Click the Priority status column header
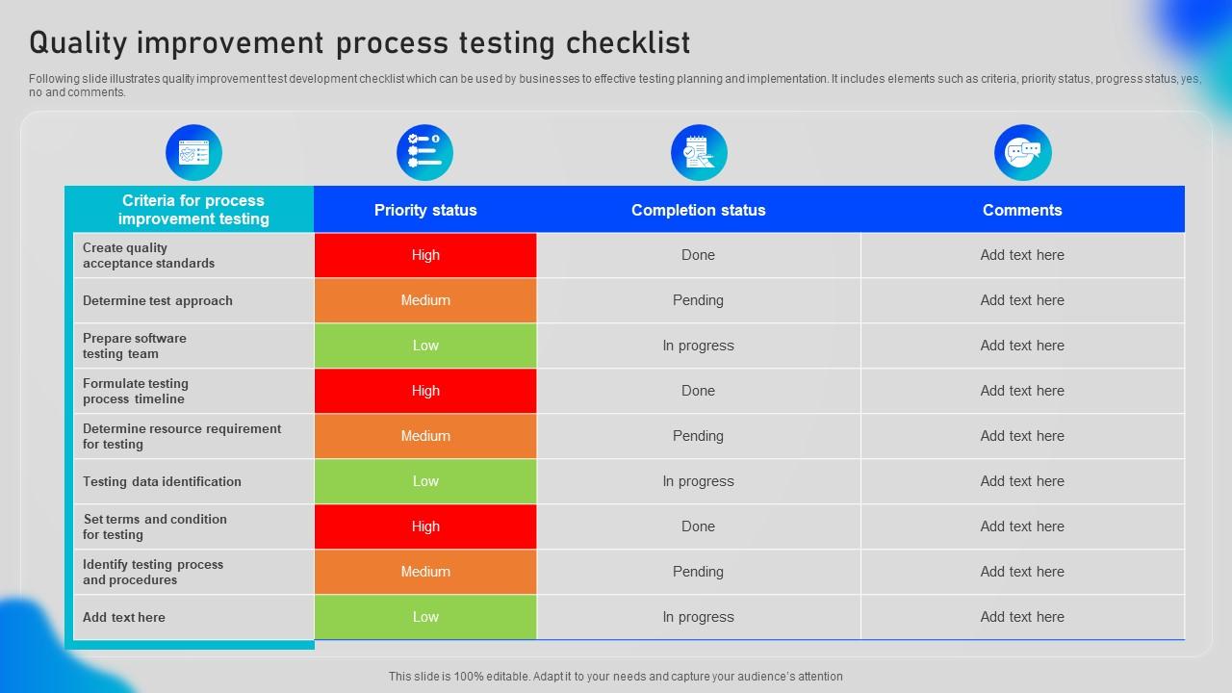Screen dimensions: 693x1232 pyautogui.click(x=425, y=210)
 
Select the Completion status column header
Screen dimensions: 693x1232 pyautogui.click(x=698, y=210)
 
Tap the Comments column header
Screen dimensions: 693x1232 pyautogui.click(x=1022, y=210)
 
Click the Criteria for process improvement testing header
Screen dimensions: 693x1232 pyautogui.click(x=192, y=210)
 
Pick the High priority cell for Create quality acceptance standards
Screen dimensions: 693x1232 pyautogui.click(x=425, y=255)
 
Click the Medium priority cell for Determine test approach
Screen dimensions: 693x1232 pyautogui.click(x=425, y=300)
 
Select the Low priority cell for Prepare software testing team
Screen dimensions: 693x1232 pyautogui.click(x=425, y=346)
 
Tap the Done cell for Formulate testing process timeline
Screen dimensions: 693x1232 pyautogui.click(x=698, y=391)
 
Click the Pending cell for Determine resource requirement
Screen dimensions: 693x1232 pyautogui.click(x=698, y=436)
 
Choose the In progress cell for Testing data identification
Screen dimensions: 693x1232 pyautogui.click(x=698, y=481)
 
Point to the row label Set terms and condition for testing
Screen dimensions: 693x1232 pyautogui.click(x=155, y=526)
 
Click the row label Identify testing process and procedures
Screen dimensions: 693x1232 pyautogui.click(x=153, y=572)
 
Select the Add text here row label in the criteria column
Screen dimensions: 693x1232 pyautogui.click(x=124, y=617)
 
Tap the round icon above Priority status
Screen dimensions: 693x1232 pyautogui.click(x=424, y=152)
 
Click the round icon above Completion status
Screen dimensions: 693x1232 pyautogui.click(x=699, y=152)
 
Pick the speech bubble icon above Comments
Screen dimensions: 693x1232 pyautogui.click(x=1022, y=152)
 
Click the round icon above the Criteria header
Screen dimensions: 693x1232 pyautogui.click(x=193, y=152)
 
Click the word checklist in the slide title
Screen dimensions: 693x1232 pyautogui.click(x=628, y=43)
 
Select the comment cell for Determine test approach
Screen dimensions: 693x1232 pyautogui.click(x=1022, y=300)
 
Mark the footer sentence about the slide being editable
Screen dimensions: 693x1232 pyautogui.click(x=616, y=677)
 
